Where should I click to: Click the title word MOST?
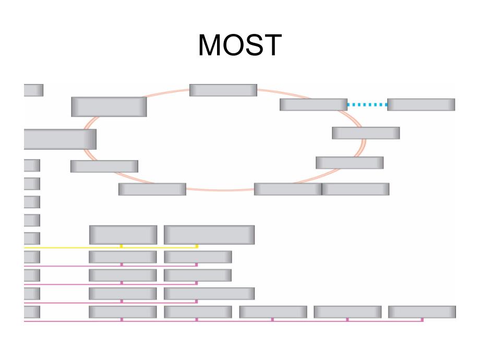pos(239,46)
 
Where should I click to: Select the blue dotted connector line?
pos(367,105)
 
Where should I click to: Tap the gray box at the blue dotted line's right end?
pos(421,104)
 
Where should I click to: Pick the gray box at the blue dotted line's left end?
pos(313,104)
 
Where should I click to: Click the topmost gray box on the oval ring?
pos(223,90)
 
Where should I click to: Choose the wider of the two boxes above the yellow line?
pos(209,235)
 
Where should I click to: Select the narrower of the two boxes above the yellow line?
pos(123,235)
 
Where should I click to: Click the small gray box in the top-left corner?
pos(33,90)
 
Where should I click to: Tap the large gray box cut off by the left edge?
pos(60,139)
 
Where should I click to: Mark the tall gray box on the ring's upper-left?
pos(109,107)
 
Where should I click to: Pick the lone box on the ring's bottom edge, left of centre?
pos(152,189)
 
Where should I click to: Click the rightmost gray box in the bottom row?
pos(422,312)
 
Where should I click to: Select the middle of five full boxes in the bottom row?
pos(273,312)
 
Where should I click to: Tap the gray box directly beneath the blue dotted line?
pos(366,133)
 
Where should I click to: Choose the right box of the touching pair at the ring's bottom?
pos(355,189)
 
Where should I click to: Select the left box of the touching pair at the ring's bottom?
pos(287,189)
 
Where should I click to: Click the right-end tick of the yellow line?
pos(197,246)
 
